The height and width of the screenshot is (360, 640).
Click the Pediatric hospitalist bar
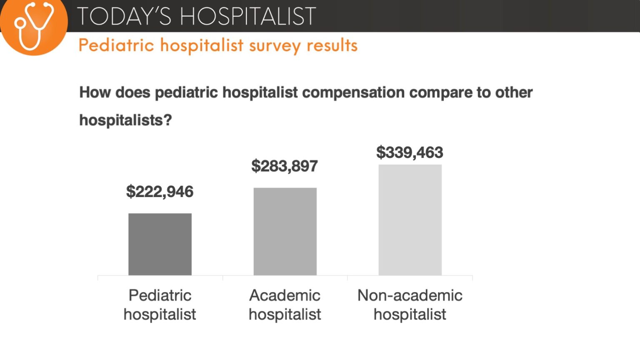(160, 244)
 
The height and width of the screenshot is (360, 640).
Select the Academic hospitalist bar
(285, 231)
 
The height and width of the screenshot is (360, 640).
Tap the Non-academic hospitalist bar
(410, 220)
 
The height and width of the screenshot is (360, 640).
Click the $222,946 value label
(160, 192)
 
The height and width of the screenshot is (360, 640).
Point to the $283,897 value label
(285, 166)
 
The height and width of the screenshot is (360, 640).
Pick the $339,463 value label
(410, 152)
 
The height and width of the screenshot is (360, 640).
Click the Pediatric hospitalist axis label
(160, 305)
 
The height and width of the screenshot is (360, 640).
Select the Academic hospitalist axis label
(285, 305)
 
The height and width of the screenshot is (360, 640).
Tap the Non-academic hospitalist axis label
(410, 305)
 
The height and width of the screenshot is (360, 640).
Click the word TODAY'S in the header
(124, 17)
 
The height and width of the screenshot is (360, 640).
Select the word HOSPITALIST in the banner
(248, 17)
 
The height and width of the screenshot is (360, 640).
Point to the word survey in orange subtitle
(275, 45)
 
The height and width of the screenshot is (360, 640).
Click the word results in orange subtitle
(332, 45)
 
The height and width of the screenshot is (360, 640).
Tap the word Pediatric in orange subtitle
(116, 45)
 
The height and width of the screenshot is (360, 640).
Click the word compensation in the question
(353, 92)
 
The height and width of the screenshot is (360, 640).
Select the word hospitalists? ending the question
(125, 120)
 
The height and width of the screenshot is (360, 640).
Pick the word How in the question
(95, 92)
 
